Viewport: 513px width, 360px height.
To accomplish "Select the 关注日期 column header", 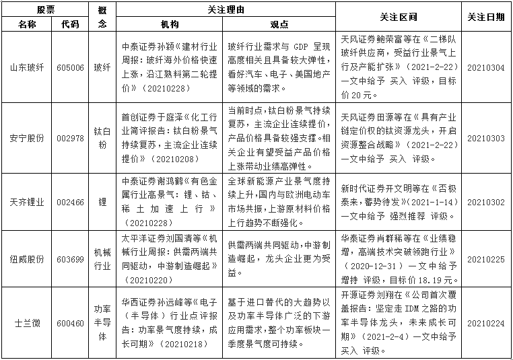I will point(485,17).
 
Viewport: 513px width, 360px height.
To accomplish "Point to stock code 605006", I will point(70,67).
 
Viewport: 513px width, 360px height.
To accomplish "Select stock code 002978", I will point(70,138).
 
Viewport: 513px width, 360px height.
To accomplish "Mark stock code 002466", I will point(70,202).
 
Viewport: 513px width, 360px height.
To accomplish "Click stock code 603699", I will point(70,259).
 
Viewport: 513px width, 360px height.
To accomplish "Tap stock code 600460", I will point(70,323).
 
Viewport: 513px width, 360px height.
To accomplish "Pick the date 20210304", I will point(485,67).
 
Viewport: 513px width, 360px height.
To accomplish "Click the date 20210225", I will point(485,259).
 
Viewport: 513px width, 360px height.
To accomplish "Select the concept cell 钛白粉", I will point(102,138).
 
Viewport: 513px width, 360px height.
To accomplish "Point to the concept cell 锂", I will point(102,202).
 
